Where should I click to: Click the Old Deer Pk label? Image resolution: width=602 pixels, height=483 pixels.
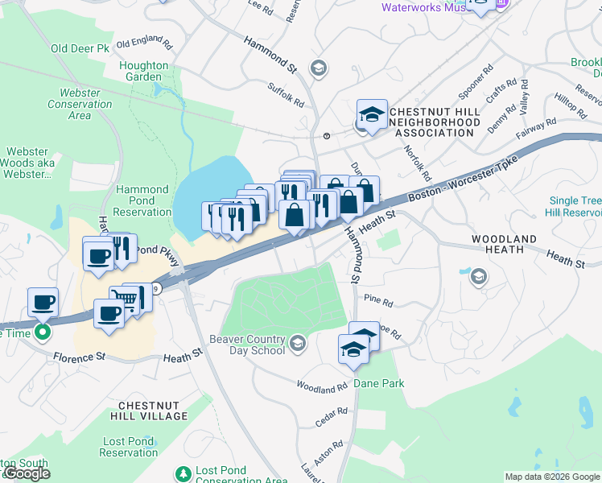pos(80,48)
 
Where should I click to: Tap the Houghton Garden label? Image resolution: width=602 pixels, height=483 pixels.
pos(144,72)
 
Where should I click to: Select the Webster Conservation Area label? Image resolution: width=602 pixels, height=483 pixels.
pos(80,104)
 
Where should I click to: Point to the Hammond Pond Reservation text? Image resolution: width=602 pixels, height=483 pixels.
pos(142,200)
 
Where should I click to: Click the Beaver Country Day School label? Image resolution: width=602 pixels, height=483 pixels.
pos(247,345)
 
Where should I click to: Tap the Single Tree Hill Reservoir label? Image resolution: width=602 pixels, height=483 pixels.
pos(575,206)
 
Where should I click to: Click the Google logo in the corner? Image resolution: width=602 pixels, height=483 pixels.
pos(27,473)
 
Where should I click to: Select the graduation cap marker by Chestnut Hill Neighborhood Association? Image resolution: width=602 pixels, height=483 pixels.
pos(372,114)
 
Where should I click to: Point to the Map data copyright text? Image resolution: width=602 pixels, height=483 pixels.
pos(552,477)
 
